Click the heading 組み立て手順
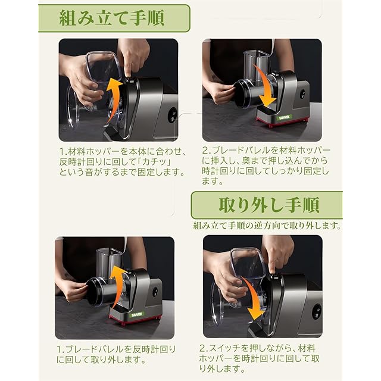coord(112,18)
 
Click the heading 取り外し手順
coord(269,205)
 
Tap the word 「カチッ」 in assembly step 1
coord(154,162)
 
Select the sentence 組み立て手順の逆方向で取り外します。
coord(267,226)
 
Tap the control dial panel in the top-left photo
coord(172,116)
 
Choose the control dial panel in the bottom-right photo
coord(316,312)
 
